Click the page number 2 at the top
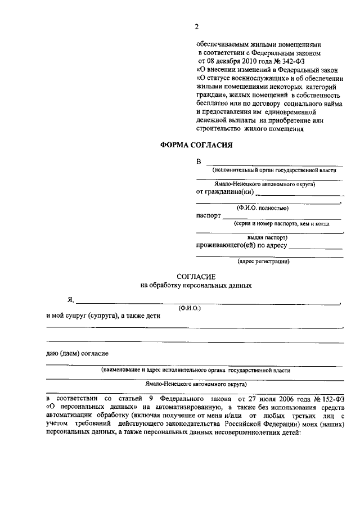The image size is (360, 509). (196, 26)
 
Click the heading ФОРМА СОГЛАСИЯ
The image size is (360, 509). (196, 145)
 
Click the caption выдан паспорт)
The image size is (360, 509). (263, 238)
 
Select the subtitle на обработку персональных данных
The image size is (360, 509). (196, 285)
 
